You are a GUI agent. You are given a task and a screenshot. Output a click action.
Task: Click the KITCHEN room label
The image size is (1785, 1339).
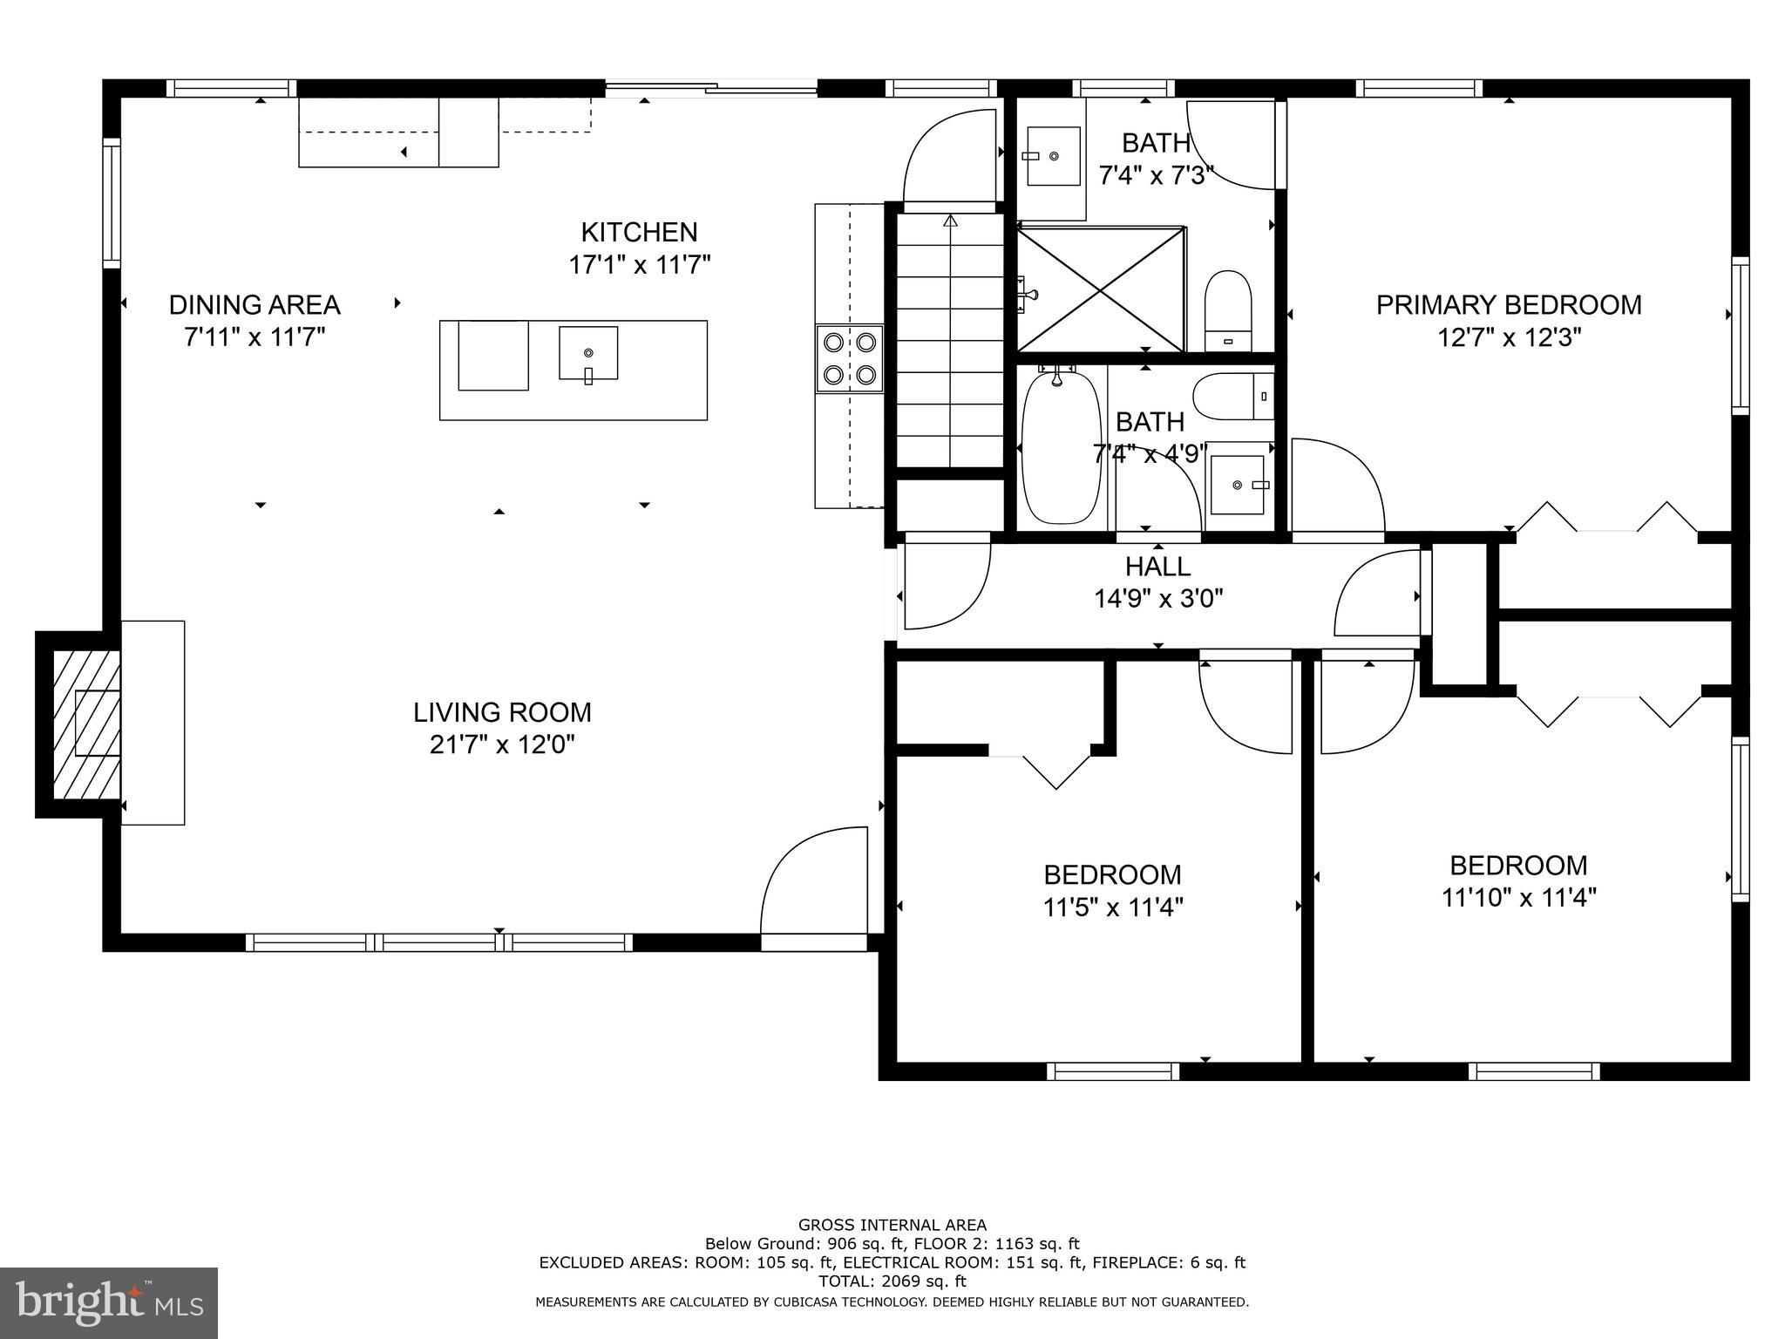[639, 232]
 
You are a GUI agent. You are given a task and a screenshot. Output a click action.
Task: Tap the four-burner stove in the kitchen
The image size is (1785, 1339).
[849, 358]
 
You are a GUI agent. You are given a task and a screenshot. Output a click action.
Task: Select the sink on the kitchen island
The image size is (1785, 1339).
[588, 353]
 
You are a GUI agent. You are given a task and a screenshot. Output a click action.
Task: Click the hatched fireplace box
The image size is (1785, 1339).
[86, 724]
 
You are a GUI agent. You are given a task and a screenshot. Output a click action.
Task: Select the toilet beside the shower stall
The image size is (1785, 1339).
[1228, 309]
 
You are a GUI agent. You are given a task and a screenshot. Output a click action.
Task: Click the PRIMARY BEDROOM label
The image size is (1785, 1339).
[1509, 305]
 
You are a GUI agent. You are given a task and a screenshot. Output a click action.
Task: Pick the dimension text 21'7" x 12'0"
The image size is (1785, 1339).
[502, 745]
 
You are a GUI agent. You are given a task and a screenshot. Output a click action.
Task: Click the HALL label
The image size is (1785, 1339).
[1157, 567]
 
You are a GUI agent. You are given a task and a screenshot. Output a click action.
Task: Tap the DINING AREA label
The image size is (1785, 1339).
[254, 305]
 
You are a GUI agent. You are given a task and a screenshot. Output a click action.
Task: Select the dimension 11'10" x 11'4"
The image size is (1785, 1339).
[1518, 898]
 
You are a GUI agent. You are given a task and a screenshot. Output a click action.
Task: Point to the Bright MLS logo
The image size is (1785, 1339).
[108, 1302]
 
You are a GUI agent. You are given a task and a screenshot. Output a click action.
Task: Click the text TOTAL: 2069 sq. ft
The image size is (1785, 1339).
[892, 1281]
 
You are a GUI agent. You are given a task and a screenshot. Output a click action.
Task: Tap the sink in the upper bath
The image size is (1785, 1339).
[1053, 156]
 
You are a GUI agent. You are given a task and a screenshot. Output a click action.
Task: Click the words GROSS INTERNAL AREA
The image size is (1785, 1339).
[892, 1225]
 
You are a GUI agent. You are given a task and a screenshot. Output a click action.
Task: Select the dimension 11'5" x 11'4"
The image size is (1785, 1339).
[1112, 907]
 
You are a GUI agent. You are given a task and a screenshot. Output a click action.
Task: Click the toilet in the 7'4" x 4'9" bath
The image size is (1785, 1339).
[1232, 397]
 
